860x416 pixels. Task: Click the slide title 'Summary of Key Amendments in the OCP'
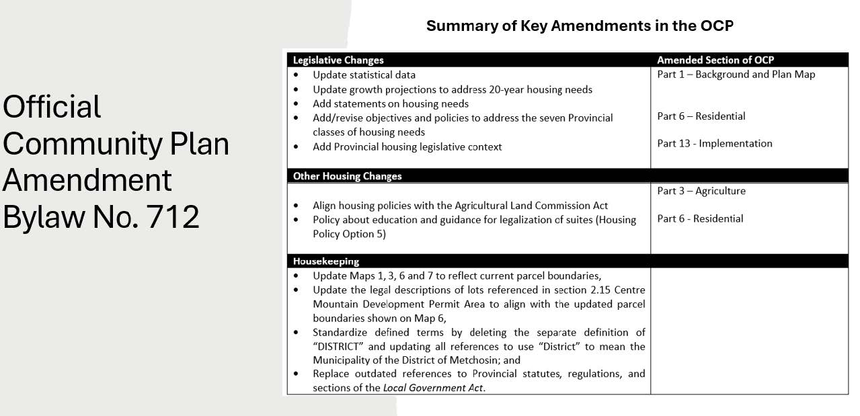click(x=579, y=26)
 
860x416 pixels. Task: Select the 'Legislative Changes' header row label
click(x=338, y=60)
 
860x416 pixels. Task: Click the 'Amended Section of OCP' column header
click(x=715, y=60)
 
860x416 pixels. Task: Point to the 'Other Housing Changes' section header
click(x=347, y=176)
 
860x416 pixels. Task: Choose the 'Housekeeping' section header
click(x=326, y=261)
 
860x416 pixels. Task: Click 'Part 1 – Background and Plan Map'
click(x=736, y=75)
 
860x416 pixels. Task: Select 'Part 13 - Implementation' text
click(x=715, y=143)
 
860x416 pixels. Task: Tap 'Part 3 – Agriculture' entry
click(x=701, y=191)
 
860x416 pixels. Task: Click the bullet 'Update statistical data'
click(x=364, y=75)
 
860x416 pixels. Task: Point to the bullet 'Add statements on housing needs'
click(x=391, y=103)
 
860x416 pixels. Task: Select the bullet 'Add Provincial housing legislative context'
click(x=407, y=147)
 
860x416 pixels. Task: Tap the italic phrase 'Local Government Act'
click(x=433, y=388)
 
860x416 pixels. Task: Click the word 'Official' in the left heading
click(x=52, y=107)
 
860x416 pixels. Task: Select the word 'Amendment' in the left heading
click(x=87, y=180)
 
